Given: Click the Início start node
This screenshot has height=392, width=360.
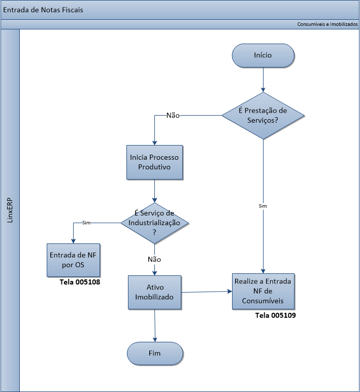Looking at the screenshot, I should point(263,55).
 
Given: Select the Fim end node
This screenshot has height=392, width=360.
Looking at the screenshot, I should point(154,353).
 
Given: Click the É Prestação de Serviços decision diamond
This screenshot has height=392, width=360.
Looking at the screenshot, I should point(263,116).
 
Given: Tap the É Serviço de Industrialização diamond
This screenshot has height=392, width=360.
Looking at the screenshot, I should point(154,222).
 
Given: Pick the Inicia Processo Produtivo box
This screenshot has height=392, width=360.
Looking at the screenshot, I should point(154,162).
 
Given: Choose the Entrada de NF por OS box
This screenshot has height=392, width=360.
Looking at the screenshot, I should point(73,260).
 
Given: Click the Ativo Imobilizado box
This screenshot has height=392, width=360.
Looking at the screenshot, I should point(154,292).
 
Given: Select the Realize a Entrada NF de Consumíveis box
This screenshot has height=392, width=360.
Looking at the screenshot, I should point(263,292).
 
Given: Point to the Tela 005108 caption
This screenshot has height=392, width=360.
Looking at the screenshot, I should point(80,282).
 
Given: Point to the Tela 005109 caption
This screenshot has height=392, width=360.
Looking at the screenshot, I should point(275,315).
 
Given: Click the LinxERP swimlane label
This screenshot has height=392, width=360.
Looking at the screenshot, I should point(11,210).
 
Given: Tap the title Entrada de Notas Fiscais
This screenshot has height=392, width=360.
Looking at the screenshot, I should point(43,10).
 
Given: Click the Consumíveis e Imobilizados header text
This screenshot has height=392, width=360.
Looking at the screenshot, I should point(328,24).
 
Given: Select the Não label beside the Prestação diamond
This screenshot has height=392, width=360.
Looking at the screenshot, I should point(173,115).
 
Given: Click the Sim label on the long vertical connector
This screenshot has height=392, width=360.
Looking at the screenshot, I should point(263,206).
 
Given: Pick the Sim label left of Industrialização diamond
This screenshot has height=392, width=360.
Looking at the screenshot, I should point(86,223).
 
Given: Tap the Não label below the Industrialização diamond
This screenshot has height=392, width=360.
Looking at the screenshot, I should point(154,259).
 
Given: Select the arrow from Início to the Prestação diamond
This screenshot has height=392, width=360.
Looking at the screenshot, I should point(263,79).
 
